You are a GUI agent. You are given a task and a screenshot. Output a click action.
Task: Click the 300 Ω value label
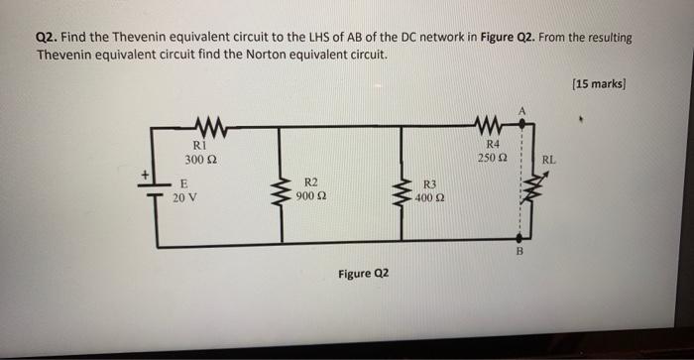[194, 159]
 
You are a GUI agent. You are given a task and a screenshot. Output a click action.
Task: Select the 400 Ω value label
[429, 197]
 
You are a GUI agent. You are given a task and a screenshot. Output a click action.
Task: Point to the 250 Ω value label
[492, 159]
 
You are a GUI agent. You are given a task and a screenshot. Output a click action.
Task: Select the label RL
[550, 159]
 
